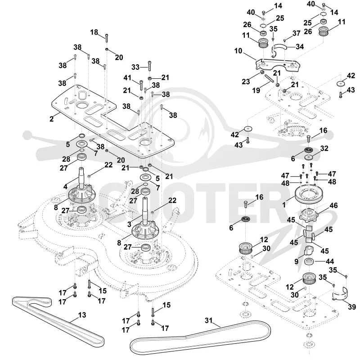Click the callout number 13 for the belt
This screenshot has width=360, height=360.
pyautogui.click(x=82, y=315)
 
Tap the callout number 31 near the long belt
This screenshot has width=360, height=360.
pyautogui.click(x=209, y=320)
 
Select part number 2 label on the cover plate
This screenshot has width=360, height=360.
pyautogui.click(x=51, y=119)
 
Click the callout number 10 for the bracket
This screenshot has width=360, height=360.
pyautogui.click(x=238, y=51)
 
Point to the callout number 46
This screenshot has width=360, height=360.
pyautogui.click(x=333, y=205)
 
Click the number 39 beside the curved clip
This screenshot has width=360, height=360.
pyautogui.click(x=352, y=307)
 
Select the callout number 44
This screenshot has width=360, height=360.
pyautogui.click(x=330, y=261)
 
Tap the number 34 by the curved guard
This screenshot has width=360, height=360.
pyautogui.click(x=300, y=47)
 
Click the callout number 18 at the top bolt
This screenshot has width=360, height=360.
pyautogui.click(x=94, y=32)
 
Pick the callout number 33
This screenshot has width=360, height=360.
pyautogui.click(x=135, y=67)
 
